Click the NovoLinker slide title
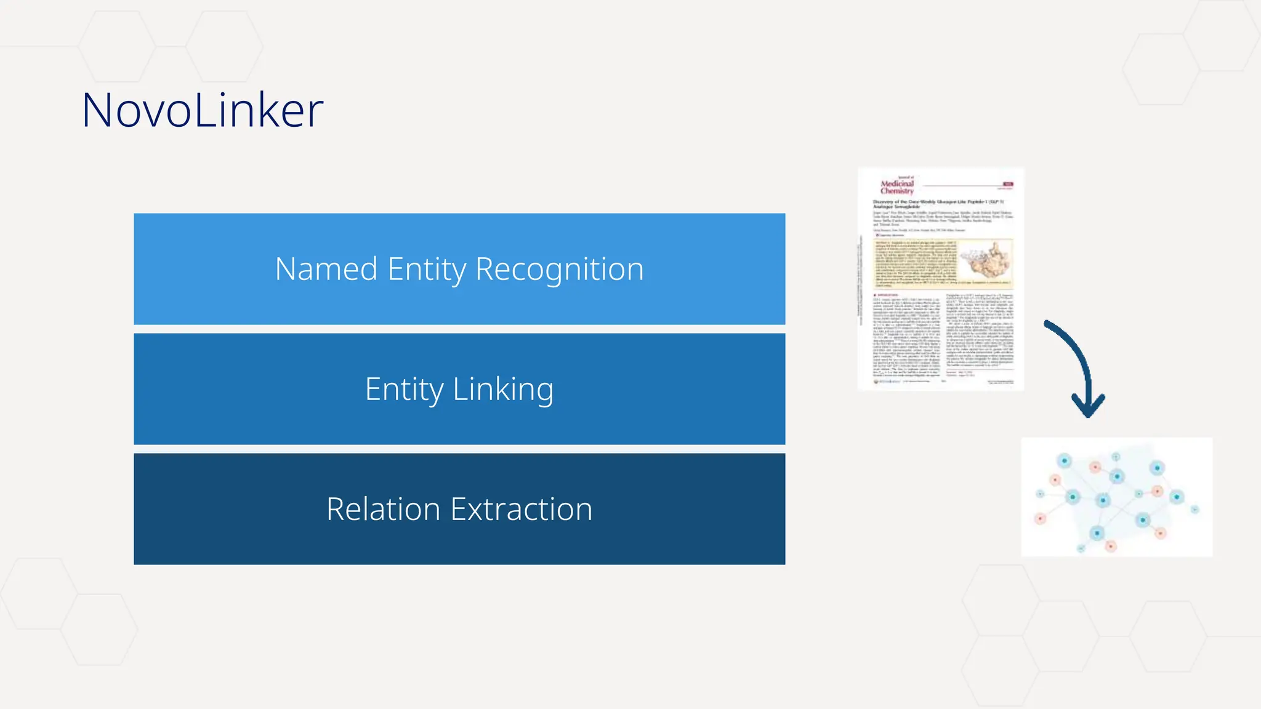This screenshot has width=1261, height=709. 202,110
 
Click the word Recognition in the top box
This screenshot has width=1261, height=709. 559,270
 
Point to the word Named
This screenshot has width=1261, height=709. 326,270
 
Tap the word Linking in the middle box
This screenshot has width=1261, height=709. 503,389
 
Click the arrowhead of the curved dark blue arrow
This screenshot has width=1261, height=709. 1088,407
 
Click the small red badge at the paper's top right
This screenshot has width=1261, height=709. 1008,184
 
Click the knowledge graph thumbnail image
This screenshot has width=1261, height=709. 1116,497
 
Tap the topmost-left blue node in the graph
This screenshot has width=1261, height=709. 1064,460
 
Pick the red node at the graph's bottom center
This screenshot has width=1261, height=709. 1111,546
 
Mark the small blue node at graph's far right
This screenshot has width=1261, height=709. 1195,509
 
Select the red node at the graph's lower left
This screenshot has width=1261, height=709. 1040,519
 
